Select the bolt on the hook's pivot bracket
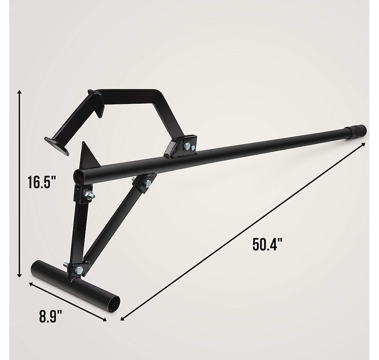pyautogui.click(x=187, y=146)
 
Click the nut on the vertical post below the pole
pyautogui.click(x=88, y=195)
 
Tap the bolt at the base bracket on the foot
pyautogui.click(x=79, y=270)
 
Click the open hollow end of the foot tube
pyautogui.click(x=114, y=304)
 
